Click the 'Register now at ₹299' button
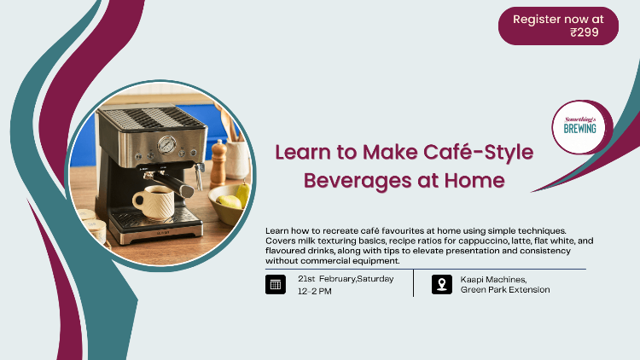(x=558, y=26)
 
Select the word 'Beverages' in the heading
(x=350, y=181)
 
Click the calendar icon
(x=276, y=285)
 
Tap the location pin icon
(x=441, y=285)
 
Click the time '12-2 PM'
(x=315, y=291)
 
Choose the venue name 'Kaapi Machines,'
(x=493, y=279)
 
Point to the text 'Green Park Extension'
(x=504, y=291)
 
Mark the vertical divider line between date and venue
(x=414, y=284)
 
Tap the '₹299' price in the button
(x=585, y=32)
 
